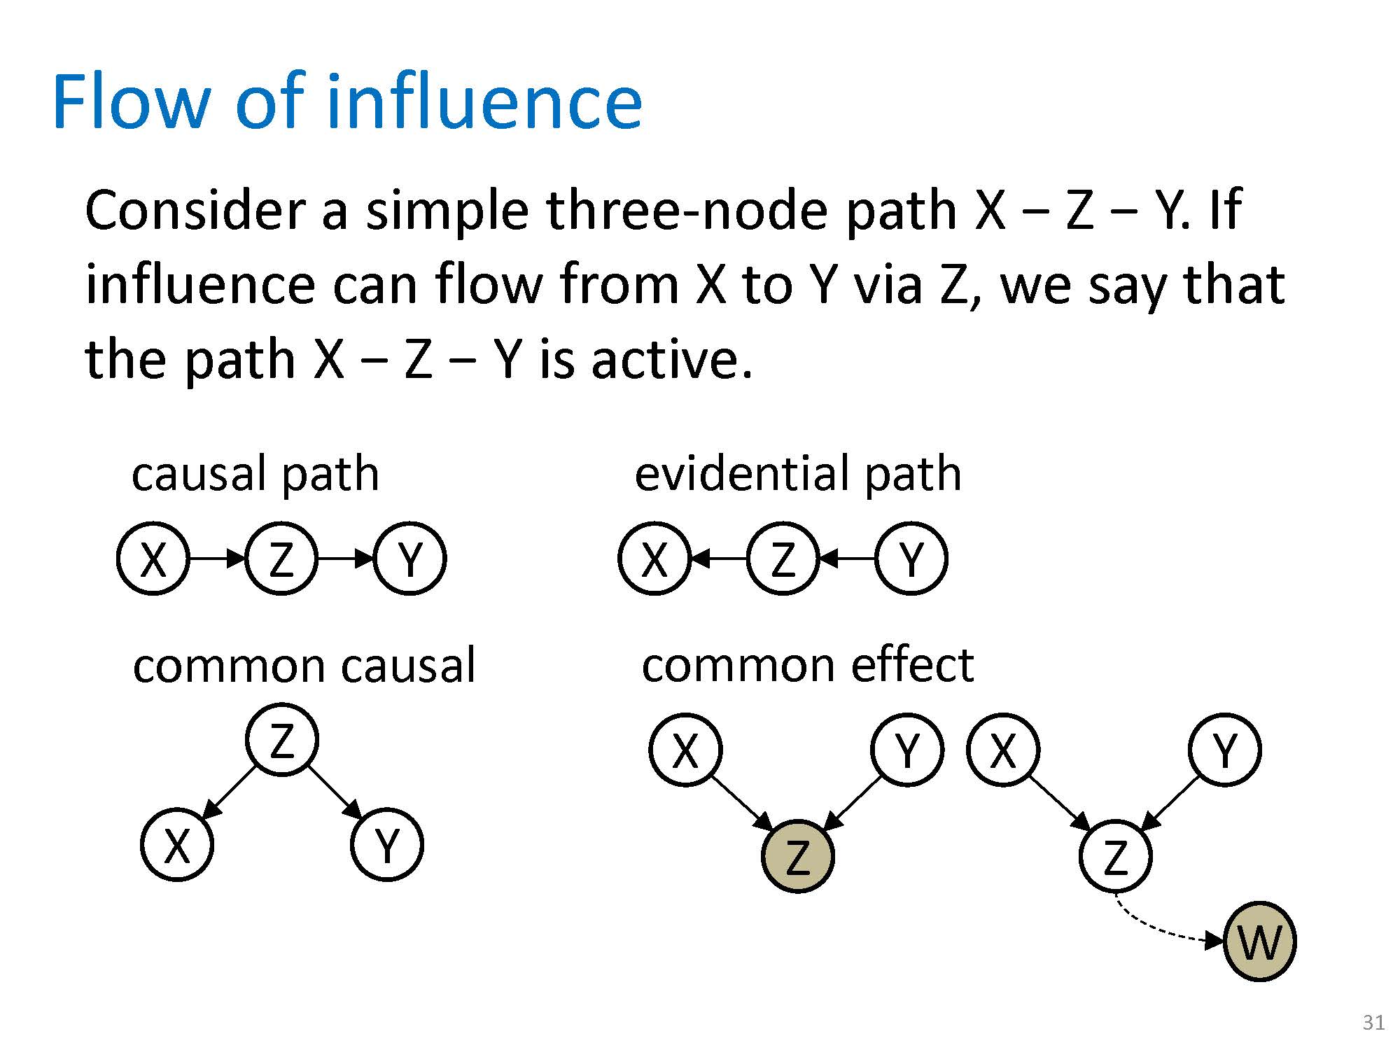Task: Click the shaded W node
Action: point(1259,941)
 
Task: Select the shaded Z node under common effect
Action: point(797,856)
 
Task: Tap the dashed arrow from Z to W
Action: point(1155,927)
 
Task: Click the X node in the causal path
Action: point(153,559)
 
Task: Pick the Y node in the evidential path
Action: point(911,559)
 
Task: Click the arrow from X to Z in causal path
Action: point(217,559)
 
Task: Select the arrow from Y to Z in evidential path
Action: point(847,559)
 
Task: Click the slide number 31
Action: point(1373,1023)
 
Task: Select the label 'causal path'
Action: point(255,474)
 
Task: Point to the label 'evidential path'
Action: point(797,474)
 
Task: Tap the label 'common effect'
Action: point(807,665)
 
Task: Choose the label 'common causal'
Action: point(304,665)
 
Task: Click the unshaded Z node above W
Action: point(1115,856)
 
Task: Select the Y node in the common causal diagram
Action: point(386,844)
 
